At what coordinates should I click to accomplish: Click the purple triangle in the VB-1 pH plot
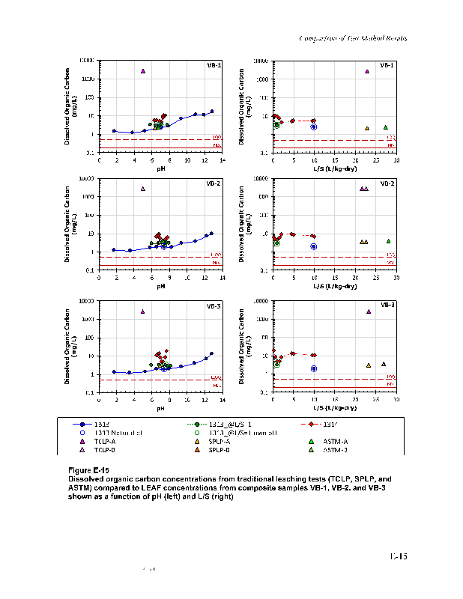(x=142, y=71)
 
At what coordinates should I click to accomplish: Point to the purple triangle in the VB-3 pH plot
(x=142, y=311)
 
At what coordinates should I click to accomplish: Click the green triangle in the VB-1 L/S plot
(x=386, y=127)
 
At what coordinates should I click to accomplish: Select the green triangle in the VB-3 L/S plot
(x=384, y=364)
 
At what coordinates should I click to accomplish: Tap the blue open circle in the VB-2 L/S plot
(x=314, y=246)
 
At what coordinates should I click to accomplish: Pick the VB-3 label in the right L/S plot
(x=388, y=305)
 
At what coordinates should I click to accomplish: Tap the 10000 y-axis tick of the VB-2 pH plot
(x=88, y=179)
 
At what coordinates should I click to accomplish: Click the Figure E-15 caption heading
(x=88, y=469)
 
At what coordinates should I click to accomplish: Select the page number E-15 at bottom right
(x=397, y=556)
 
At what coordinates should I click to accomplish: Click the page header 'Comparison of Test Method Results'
(x=352, y=38)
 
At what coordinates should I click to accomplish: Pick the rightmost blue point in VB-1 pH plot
(x=212, y=112)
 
